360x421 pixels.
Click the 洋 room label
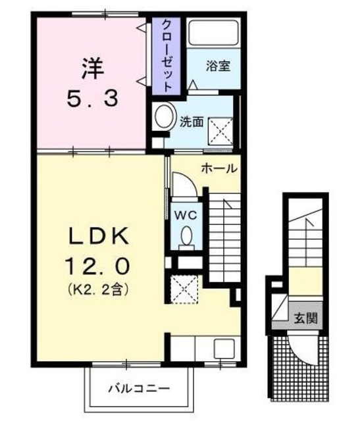tap(91, 67)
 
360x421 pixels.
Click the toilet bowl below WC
tap(186, 235)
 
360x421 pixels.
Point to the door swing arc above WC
tap(184, 184)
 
